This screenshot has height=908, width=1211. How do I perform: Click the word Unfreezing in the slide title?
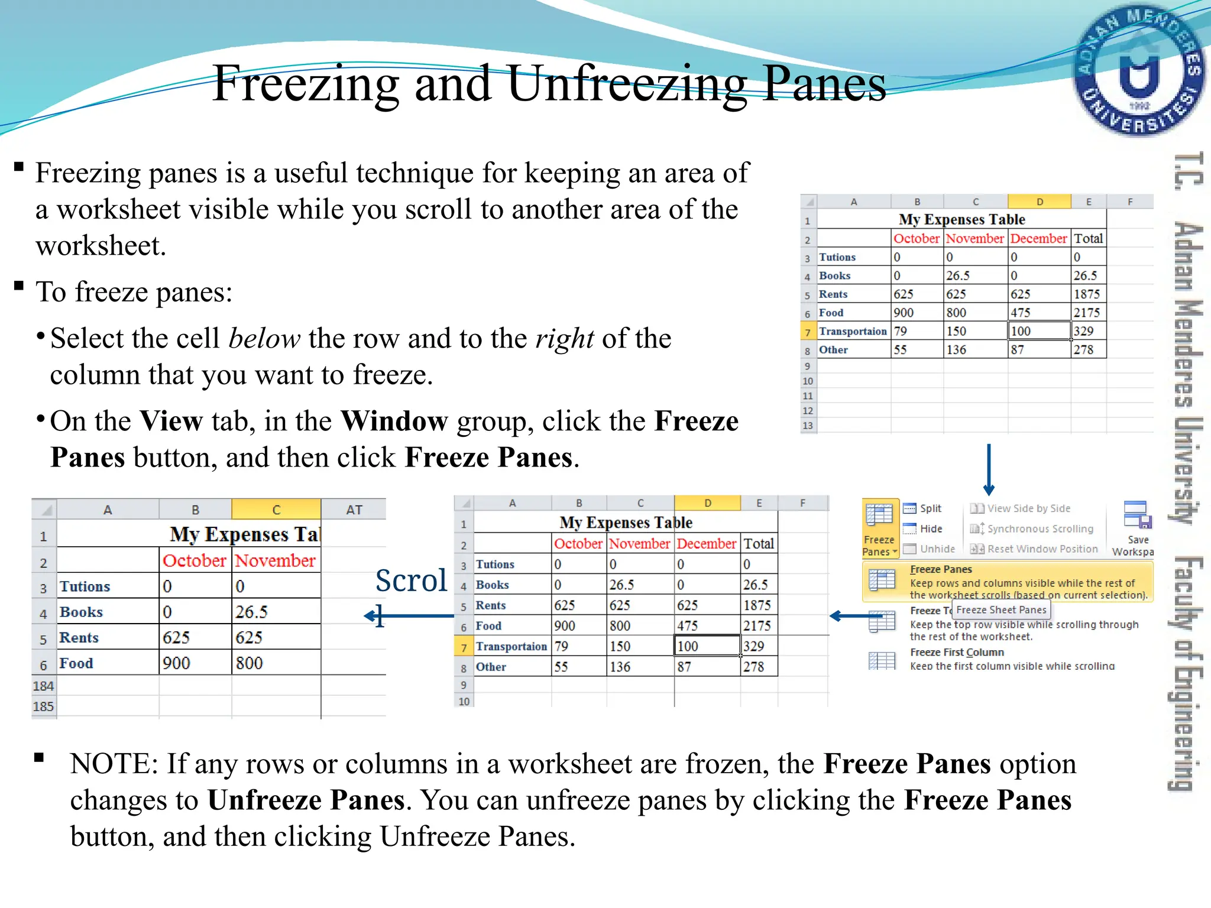tap(627, 84)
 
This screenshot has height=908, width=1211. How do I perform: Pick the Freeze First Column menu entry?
tap(957, 653)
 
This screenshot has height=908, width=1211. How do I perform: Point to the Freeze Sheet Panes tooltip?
tap(1001, 610)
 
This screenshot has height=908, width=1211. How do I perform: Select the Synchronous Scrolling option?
tap(1040, 529)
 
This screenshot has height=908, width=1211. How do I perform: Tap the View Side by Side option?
tap(1028, 508)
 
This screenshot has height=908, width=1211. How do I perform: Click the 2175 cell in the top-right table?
tap(1087, 313)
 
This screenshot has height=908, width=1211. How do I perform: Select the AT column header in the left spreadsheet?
tap(354, 510)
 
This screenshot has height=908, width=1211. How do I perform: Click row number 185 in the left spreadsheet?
tap(43, 706)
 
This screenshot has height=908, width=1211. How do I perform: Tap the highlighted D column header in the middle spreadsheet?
tap(707, 503)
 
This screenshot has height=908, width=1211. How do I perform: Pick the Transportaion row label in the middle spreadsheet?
tap(511, 647)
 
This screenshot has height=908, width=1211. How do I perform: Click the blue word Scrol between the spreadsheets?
tap(411, 581)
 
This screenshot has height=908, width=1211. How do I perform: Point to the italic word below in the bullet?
tap(264, 339)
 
